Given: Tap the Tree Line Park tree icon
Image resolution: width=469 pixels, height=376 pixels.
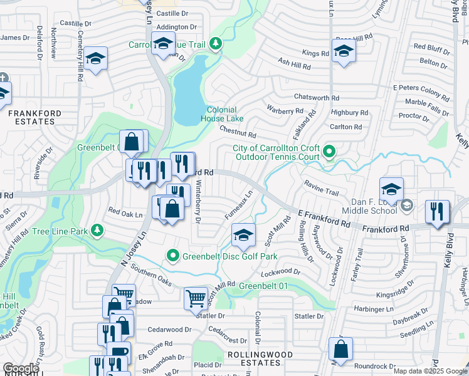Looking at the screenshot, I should pyautogui.click(x=97, y=231).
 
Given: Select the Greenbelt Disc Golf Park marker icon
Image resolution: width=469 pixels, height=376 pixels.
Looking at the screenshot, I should pyautogui.click(x=172, y=255).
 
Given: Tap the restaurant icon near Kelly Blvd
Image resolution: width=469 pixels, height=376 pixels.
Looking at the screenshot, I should pyautogui.click(x=436, y=211).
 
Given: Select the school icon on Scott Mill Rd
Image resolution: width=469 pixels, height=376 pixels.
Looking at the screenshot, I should pyautogui.click(x=243, y=235).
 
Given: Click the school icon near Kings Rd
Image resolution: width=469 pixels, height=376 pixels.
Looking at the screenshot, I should pyautogui.click(x=344, y=52).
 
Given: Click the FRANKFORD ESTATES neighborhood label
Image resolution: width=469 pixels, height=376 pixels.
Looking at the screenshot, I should pyautogui.click(x=34, y=118).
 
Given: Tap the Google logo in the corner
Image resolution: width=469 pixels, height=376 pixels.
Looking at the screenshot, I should pyautogui.click(x=21, y=368).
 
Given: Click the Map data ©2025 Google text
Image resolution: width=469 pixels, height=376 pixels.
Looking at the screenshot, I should pyautogui.click(x=430, y=371).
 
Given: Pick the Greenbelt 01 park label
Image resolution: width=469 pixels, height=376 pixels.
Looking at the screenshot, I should pyautogui.click(x=262, y=286).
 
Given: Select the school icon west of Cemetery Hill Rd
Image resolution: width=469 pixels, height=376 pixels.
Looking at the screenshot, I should pyautogui.click(x=95, y=59).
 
